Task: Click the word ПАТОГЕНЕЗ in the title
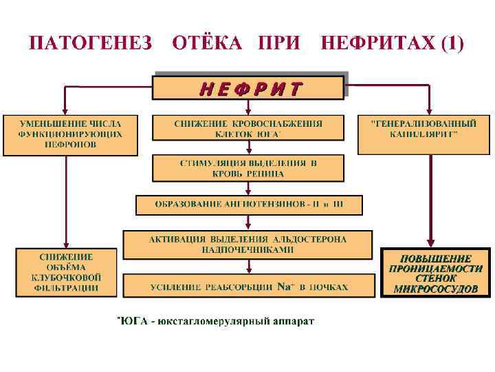90,43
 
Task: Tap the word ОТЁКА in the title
207,43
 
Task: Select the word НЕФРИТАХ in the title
376,43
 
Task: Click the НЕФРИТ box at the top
247,88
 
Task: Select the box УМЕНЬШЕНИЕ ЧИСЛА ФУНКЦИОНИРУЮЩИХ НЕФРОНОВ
69,134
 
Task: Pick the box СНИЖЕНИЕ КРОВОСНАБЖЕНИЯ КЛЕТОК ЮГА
247,129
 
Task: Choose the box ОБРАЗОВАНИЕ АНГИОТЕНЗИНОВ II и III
248,205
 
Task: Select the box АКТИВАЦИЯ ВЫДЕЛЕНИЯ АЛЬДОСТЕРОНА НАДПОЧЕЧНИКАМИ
247,244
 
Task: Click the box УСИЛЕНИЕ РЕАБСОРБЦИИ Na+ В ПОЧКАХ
247,285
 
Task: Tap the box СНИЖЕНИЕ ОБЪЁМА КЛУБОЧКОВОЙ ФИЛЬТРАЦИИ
66,272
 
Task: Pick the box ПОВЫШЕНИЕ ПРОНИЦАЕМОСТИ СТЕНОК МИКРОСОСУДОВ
435,272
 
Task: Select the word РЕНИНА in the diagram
261,174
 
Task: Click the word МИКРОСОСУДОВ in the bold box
435,289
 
